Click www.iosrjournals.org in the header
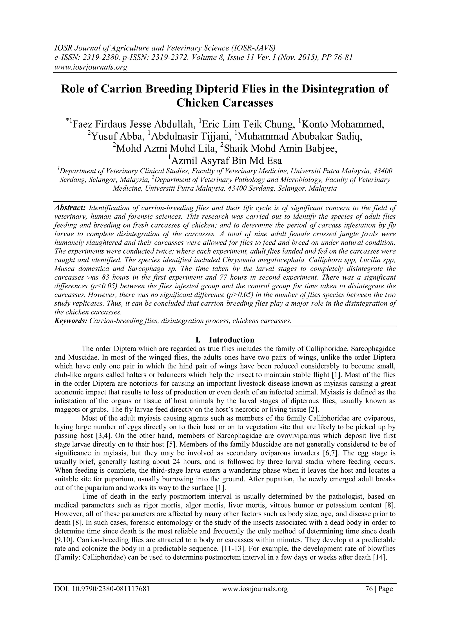point(90,67)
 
